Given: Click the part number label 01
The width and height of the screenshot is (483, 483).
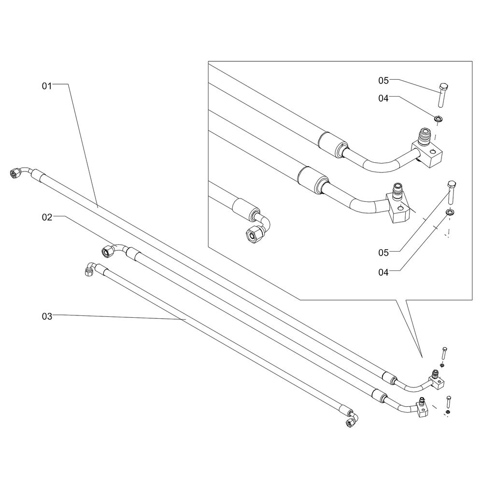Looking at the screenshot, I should point(46,86).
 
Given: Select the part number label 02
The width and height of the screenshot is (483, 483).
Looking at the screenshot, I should point(46,218).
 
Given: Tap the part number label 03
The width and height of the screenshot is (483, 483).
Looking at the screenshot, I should point(46,316).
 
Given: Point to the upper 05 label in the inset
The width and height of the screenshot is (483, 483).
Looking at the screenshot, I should point(383,80).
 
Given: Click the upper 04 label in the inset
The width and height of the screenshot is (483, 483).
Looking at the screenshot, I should point(383,99).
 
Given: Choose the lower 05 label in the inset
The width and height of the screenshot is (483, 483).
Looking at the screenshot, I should point(383,252).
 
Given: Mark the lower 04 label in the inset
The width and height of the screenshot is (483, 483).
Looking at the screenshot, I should point(383,272).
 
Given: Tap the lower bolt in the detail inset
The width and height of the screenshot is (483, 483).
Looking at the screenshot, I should point(452,192).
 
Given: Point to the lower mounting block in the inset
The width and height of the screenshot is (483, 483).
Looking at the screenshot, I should point(398,209).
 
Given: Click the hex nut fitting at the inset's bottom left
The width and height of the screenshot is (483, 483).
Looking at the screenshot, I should point(253,234).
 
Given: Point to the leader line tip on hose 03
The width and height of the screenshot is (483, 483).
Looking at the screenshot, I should point(186,320).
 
